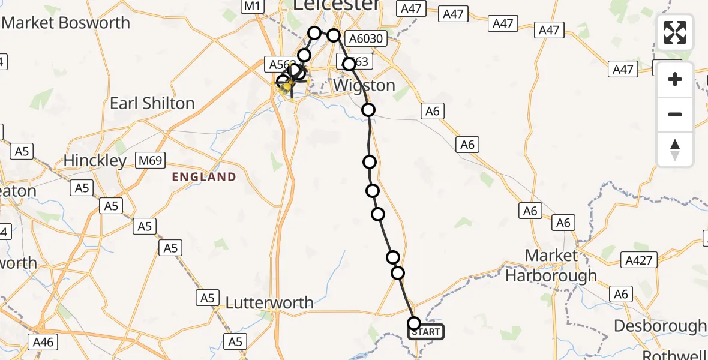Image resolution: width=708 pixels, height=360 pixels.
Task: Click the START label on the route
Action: pyautogui.click(x=426, y=332)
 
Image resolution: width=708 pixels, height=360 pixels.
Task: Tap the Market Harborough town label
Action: pyautogui.click(x=551, y=265)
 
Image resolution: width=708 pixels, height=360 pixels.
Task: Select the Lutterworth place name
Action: pyautogui.click(x=269, y=303)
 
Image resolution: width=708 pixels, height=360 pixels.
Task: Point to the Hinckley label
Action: pyautogui.click(x=95, y=161)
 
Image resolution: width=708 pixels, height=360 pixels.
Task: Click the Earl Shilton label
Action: pyautogui.click(x=152, y=103)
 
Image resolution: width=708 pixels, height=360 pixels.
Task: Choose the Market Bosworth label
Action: pyautogui.click(x=66, y=23)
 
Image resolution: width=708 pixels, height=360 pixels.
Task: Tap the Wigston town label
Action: pyautogui.click(x=364, y=85)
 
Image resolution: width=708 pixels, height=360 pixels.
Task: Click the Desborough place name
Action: pyautogui.click(x=660, y=326)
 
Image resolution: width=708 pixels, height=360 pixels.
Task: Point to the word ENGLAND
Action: pyautogui.click(x=204, y=177)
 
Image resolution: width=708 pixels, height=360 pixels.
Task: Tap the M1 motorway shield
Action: pyautogui.click(x=252, y=7)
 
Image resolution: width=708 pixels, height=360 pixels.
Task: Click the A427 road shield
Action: pyautogui.click(x=640, y=260)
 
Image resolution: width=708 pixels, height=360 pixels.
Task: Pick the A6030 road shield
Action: pyautogui.click(x=365, y=39)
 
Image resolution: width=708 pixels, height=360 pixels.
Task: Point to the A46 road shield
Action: pyautogui.click(x=43, y=343)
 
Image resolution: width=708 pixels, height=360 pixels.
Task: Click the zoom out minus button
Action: pyautogui.click(x=675, y=114)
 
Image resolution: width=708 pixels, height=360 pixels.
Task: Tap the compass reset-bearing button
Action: pyautogui.click(x=675, y=149)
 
